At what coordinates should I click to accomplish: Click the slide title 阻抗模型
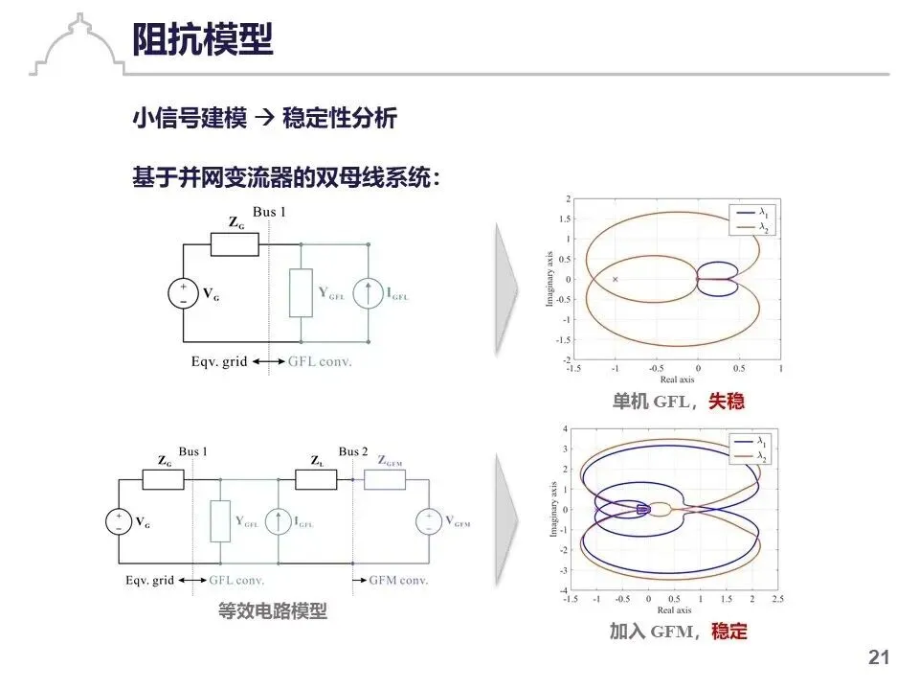tap(203, 40)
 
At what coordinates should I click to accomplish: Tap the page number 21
tap(879, 657)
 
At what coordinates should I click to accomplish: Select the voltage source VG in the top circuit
tap(183, 293)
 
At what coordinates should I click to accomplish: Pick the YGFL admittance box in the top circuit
tap(302, 293)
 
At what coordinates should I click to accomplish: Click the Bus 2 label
tap(353, 451)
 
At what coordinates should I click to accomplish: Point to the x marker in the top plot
tap(615, 279)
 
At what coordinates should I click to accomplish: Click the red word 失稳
tap(727, 402)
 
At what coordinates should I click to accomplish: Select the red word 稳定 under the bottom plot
tap(729, 632)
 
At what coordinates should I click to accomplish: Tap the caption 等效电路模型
tap(273, 611)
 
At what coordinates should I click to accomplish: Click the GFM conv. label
tap(399, 580)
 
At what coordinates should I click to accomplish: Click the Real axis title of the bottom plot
tap(675, 610)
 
